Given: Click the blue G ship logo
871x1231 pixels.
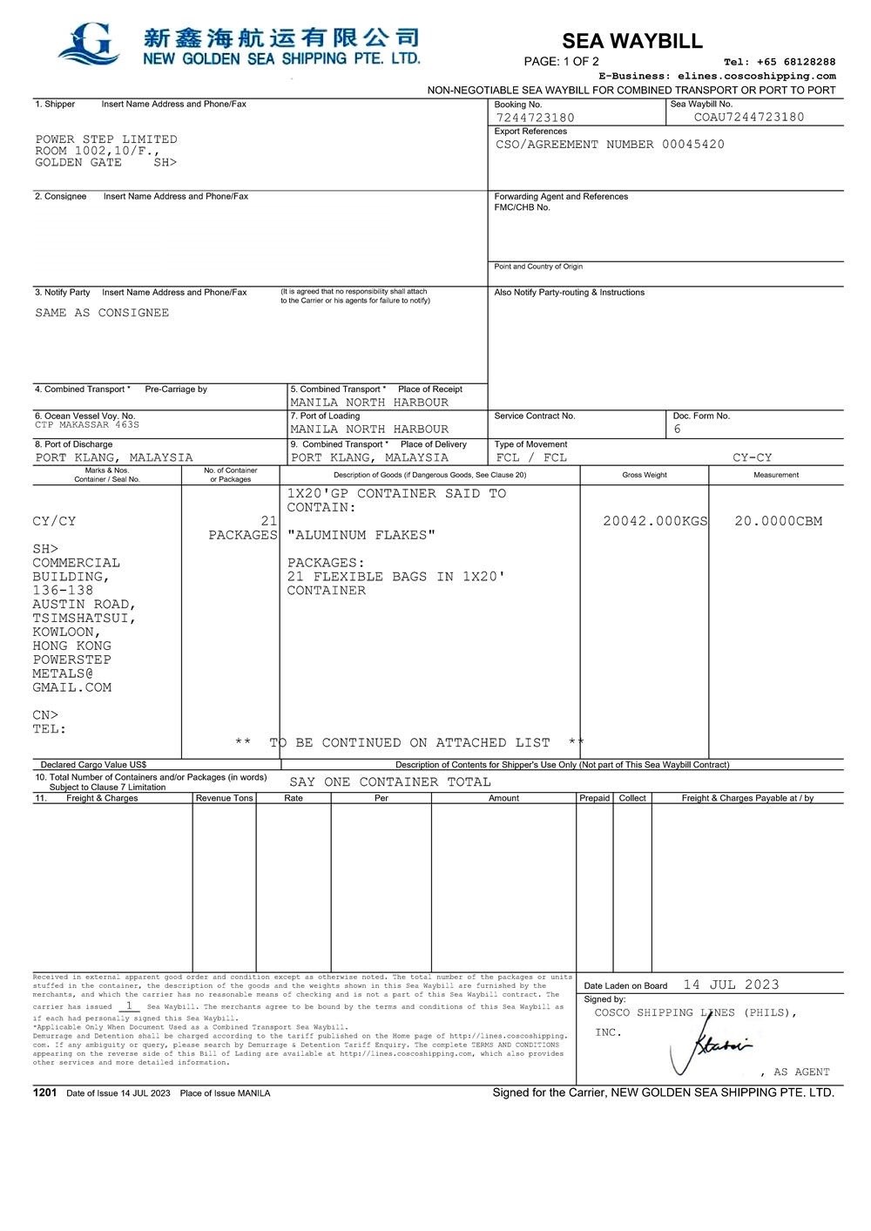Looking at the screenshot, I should [89, 44].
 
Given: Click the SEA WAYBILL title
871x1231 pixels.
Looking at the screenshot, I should [631, 41].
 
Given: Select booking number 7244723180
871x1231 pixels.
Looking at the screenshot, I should [535, 118].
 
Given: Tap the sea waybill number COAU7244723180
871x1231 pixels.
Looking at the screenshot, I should [749, 117].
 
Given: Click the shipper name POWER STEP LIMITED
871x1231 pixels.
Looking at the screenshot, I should [106, 139].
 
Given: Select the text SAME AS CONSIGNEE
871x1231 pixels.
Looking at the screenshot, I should [102, 313].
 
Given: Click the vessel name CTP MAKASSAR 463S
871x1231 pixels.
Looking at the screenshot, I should [87, 425].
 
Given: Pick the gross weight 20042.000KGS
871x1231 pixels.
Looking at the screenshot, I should [655, 521].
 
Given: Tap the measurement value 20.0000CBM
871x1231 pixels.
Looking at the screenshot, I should [778, 521].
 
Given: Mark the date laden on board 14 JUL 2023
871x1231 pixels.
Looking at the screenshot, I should [731, 984].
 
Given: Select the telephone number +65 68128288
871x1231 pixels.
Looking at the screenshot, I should [796, 62].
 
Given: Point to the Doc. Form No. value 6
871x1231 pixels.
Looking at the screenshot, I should [677, 429].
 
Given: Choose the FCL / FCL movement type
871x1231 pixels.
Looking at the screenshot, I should [531, 457].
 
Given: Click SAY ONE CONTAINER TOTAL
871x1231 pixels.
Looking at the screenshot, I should [389, 782].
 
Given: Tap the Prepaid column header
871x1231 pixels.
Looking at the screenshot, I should [595, 798].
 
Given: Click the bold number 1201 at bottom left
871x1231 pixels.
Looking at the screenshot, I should [44, 1092].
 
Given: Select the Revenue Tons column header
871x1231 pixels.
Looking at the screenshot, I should [224, 798].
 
